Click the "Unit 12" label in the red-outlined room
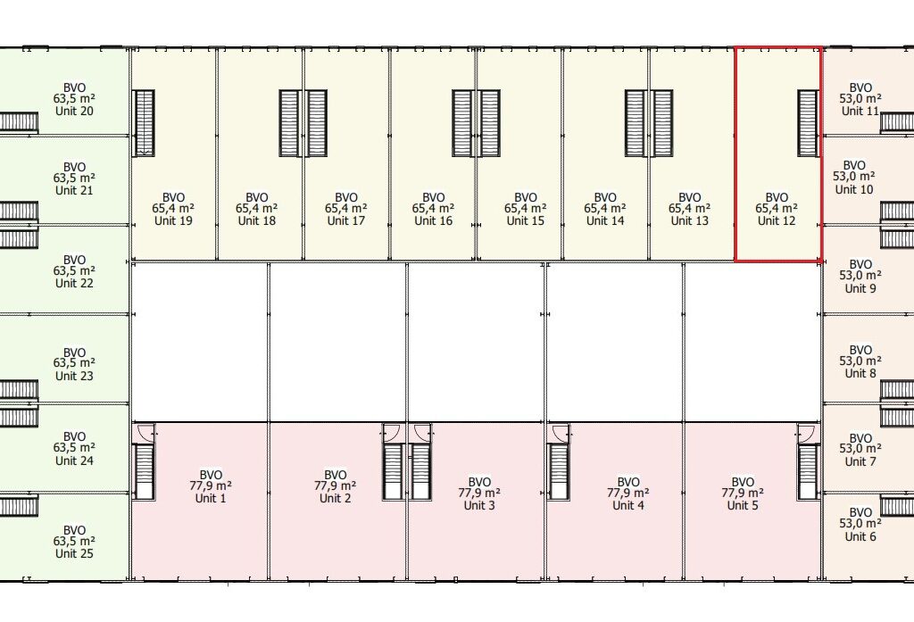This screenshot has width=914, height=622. click(777, 221)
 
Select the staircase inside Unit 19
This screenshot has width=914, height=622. click(144, 123)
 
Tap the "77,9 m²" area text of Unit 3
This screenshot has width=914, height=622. click(479, 493)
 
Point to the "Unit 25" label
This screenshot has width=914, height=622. click(74, 553)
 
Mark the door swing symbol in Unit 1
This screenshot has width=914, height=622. click(145, 432)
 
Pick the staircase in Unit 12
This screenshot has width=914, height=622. click(808, 123)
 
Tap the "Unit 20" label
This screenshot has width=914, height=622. click(74, 111)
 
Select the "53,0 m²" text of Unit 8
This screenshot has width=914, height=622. click(860, 361)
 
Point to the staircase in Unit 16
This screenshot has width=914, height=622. click(462, 123)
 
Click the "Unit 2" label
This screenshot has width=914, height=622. click(336, 498)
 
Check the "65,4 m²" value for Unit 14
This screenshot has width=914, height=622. click(605, 209)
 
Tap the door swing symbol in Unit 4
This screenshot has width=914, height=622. click(561, 432)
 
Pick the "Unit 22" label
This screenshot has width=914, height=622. click(74, 283)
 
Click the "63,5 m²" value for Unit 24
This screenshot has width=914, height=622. click(74, 448)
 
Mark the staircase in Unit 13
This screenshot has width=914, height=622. click(661, 123)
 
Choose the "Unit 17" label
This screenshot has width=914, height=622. click(345, 221)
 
